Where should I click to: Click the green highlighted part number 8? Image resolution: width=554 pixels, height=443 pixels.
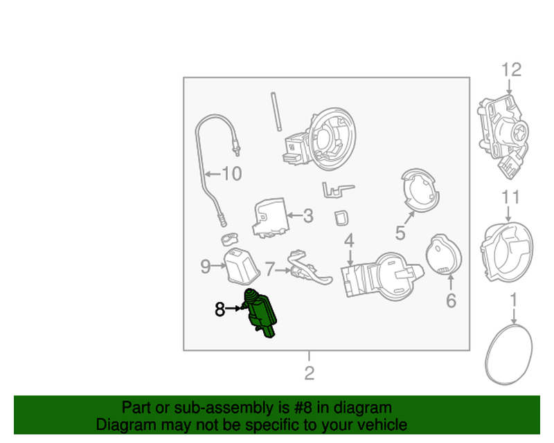pyautogui.click(x=260, y=314)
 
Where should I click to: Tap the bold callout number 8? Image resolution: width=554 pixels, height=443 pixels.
pyautogui.click(x=220, y=309)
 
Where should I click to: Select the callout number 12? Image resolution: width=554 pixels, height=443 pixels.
pyautogui.click(x=511, y=70)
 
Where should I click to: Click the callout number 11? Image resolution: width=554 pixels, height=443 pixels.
pyautogui.click(x=510, y=197)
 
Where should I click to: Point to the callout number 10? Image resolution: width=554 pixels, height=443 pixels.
pyautogui.click(x=231, y=174)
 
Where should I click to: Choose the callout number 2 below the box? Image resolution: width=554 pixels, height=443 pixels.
pyautogui.click(x=309, y=373)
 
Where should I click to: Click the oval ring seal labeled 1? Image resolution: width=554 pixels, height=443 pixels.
pyautogui.click(x=509, y=354)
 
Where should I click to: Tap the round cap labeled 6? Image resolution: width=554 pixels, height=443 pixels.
pyautogui.click(x=443, y=254)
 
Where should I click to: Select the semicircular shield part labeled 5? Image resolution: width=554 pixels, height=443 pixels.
pyautogui.click(x=420, y=190)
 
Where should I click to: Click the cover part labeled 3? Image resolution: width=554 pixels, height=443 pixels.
pyautogui.click(x=270, y=217)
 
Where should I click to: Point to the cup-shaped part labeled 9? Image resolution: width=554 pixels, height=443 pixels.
pyautogui.click(x=242, y=266)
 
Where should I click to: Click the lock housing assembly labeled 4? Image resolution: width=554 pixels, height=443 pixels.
pyautogui.click(x=382, y=276)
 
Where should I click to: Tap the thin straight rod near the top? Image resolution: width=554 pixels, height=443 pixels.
pyautogui.click(x=276, y=111)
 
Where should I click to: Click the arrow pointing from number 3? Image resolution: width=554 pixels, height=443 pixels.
pyautogui.click(x=295, y=215)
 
